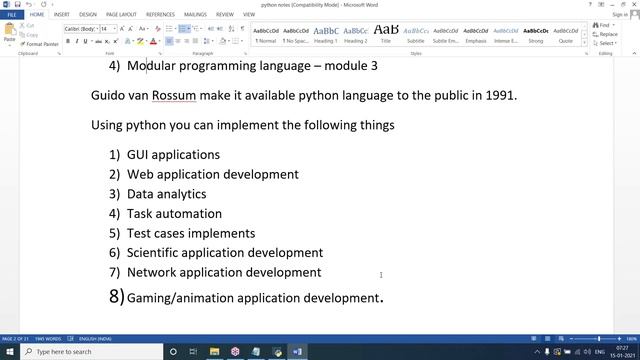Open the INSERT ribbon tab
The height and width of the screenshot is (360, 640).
click(x=61, y=15)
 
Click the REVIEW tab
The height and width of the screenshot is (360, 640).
click(x=224, y=15)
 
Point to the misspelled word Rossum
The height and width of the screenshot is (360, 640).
click(x=176, y=96)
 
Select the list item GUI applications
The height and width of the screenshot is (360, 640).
click(x=173, y=155)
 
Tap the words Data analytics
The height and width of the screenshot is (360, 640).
click(x=166, y=194)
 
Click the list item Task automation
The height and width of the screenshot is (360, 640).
click(x=174, y=213)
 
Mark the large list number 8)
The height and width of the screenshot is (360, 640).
click(x=116, y=296)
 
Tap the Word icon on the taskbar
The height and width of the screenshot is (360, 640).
click(x=297, y=352)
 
